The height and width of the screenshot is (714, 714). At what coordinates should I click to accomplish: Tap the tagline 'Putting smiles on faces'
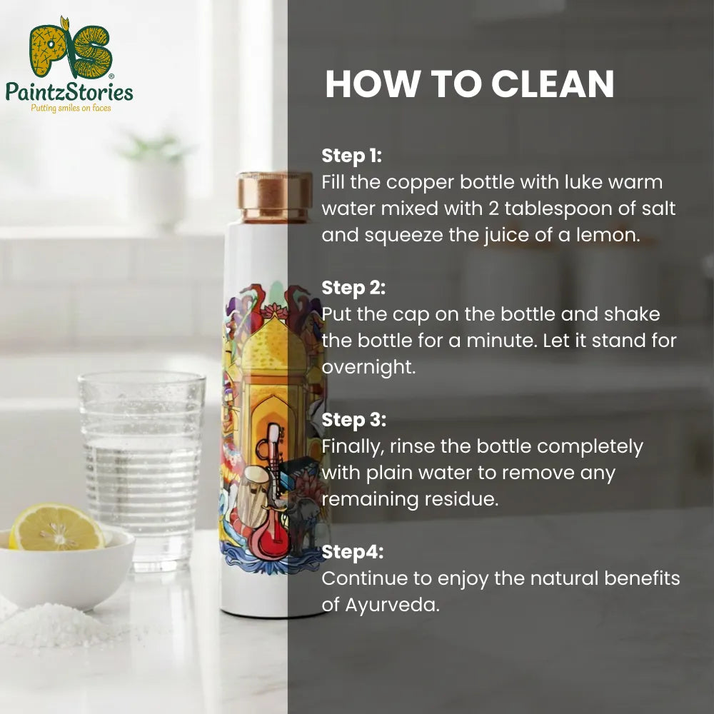coord(69,109)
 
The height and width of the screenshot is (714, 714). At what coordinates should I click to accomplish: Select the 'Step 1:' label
coord(352,155)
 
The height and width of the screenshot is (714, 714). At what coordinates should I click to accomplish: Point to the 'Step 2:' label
coord(353,288)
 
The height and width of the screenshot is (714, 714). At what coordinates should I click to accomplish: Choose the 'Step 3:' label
coord(353,420)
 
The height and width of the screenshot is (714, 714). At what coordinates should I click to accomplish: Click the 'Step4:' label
coord(352,551)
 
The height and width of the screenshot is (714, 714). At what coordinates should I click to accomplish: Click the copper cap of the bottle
coord(274,196)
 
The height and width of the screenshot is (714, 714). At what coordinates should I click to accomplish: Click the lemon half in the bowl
coord(56,528)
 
